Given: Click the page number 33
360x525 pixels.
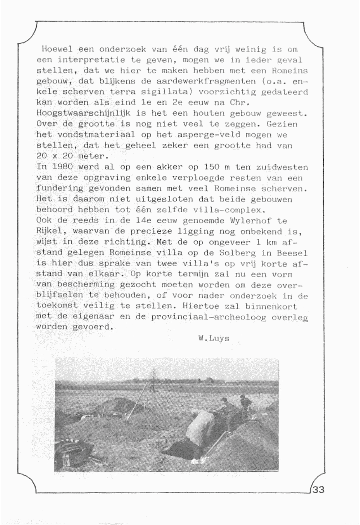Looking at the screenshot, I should tap(319, 490).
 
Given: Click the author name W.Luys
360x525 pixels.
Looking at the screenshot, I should tap(213, 338).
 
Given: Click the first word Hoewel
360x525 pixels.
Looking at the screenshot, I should tap(57, 49).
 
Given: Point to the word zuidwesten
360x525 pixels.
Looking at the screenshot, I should tap(282, 167).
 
